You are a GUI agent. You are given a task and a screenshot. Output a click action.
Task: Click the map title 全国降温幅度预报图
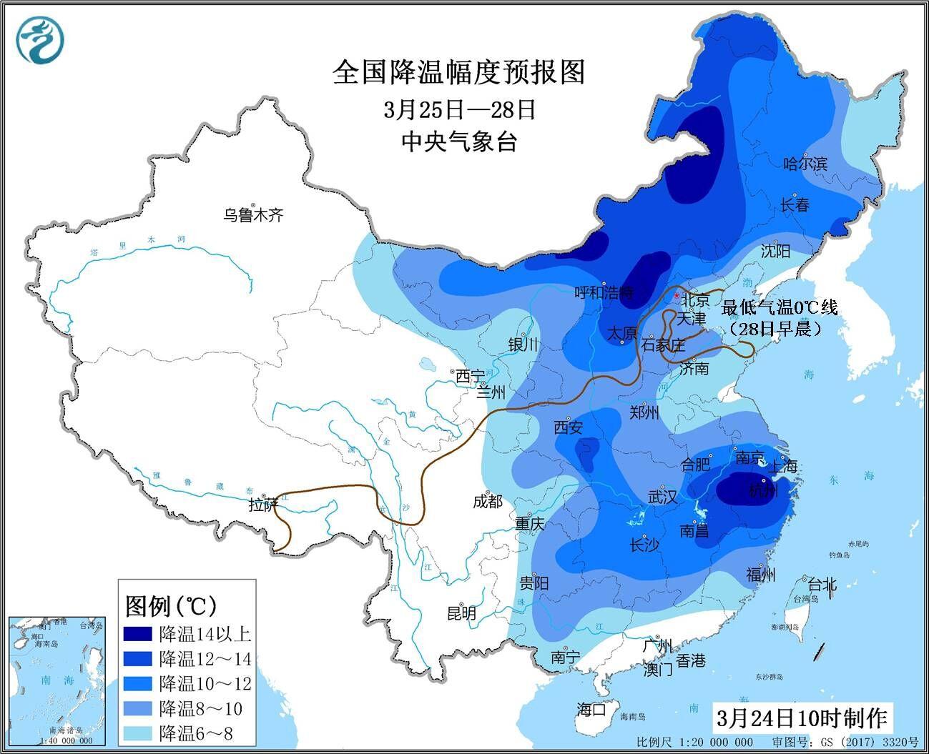pos(458,72)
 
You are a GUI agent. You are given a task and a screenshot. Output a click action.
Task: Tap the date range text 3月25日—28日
pos(458,109)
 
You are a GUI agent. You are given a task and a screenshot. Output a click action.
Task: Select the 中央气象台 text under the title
pos(458,142)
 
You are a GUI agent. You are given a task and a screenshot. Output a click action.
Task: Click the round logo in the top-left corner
pos(41,39)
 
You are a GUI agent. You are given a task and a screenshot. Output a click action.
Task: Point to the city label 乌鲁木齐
pos(253,214)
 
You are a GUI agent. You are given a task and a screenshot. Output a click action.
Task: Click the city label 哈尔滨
pos(805,164)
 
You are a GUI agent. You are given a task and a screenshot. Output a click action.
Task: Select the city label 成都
pos(488,502)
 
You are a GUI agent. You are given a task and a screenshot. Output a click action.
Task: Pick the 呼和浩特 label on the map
pos(605,292)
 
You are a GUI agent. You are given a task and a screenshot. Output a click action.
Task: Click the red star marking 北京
pos(676,296)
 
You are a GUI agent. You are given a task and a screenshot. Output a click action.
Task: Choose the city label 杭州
pos(763,491)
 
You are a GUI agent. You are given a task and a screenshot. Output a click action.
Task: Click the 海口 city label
pos(591,709)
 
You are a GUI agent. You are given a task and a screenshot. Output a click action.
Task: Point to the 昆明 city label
pos(461,613)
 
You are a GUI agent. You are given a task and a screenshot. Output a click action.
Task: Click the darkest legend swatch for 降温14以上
pos(137,634)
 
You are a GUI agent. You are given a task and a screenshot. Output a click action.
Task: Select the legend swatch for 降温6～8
pos(137,733)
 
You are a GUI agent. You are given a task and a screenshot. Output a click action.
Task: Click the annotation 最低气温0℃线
pos(779,308)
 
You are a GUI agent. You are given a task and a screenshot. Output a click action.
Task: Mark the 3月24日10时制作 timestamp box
pos(800,718)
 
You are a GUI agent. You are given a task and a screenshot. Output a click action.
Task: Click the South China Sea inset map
pos(52,679)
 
